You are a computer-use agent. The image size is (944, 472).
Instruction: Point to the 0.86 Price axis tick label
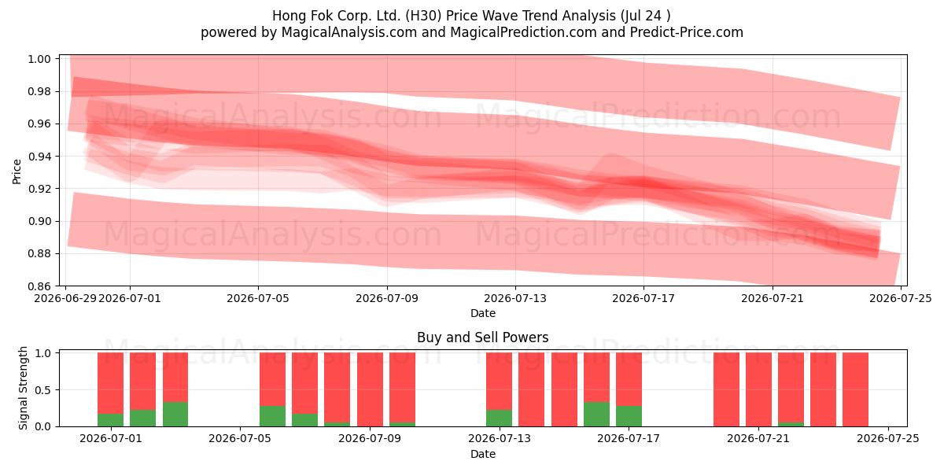coord(39,286)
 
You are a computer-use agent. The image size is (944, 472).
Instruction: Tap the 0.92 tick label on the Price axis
coord(39,189)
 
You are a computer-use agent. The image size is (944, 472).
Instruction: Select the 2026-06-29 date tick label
coord(65,298)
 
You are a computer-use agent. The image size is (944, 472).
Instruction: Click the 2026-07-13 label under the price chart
coord(515,298)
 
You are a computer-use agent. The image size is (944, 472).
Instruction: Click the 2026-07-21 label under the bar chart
coord(758,439)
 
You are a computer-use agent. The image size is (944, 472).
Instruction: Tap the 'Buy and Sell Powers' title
coord(482,337)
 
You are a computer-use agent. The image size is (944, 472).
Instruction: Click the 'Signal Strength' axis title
coord(23,388)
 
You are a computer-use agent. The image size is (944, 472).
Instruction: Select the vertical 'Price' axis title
coord(17,171)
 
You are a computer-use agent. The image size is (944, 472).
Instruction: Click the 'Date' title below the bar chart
coord(483,455)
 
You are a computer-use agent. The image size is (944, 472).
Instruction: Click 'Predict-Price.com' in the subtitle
coord(687,32)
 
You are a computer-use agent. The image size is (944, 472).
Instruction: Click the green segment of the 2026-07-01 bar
coord(110,420)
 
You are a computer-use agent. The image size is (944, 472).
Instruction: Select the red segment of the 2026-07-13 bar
coord(499,381)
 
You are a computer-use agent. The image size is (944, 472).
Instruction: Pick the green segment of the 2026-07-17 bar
coord(629,416)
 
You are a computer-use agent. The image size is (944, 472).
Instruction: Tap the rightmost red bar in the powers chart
coord(856,389)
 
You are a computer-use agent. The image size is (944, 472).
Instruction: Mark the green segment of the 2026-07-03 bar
coord(175,415)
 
